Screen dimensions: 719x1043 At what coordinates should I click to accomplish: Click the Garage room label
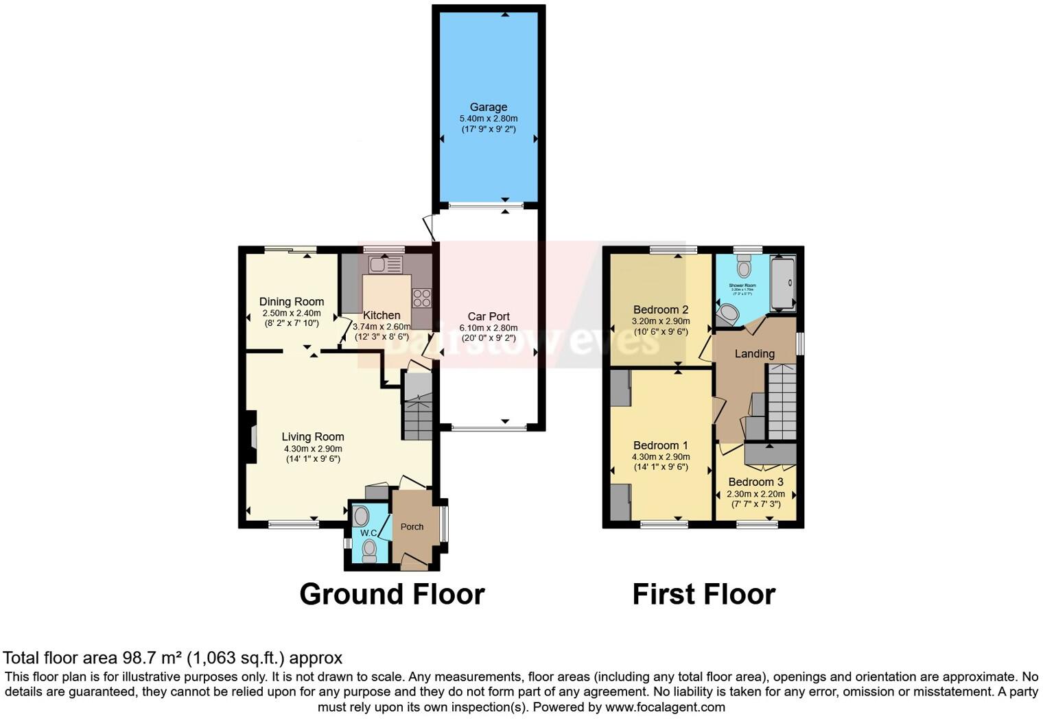[489, 107]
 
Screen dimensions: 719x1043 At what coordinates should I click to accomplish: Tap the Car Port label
[489, 316]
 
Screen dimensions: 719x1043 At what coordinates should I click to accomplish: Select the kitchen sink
[385, 264]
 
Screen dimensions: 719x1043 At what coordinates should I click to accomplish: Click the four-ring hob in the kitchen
[422, 298]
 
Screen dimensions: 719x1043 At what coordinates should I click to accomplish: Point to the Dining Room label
[292, 302]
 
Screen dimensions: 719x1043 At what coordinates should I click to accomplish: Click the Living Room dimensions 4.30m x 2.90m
[313, 449]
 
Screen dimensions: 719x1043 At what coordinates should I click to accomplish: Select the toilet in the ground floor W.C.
[369, 550]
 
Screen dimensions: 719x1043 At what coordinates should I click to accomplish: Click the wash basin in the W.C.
[362, 516]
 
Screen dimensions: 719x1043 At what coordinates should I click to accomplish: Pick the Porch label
[412, 527]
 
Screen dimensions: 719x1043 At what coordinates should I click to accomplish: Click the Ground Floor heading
[392, 594]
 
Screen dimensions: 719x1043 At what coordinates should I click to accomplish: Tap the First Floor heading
[703, 594]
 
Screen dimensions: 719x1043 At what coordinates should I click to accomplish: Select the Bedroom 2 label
[661, 309]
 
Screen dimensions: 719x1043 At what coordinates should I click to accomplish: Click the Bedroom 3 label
[755, 482]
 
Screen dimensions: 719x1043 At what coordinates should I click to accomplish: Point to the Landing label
[755, 354]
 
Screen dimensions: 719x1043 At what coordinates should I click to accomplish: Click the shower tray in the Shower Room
[783, 283]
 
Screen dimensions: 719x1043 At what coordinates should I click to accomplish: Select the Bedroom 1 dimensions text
[661, 457]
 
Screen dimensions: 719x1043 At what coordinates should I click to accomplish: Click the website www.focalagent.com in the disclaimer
[665, 707]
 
